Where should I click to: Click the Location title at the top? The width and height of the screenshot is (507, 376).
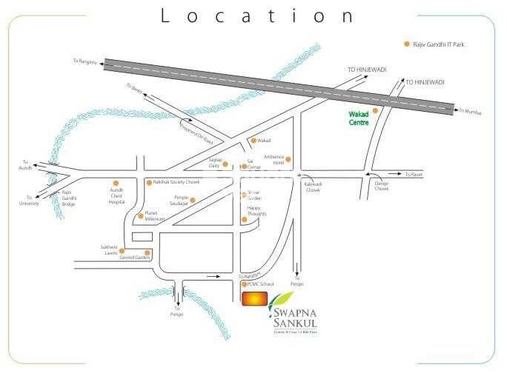tap(253, 16)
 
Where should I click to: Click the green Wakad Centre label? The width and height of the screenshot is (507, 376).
tap(359, 118)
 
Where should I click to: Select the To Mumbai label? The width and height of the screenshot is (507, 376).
tap(470, 112)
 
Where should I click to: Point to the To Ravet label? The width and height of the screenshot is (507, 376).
tap(413, 174)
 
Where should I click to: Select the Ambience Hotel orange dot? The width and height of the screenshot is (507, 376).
tap(288, 159)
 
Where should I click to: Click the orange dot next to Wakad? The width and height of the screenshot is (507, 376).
tap(253, 140)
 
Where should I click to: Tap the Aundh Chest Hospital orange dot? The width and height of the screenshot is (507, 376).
tap(116, 182)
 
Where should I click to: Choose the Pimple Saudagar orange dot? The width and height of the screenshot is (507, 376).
tap(193, 200)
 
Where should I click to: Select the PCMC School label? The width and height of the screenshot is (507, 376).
tap(261, 284)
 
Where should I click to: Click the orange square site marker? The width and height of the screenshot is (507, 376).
tap(252, 299)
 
